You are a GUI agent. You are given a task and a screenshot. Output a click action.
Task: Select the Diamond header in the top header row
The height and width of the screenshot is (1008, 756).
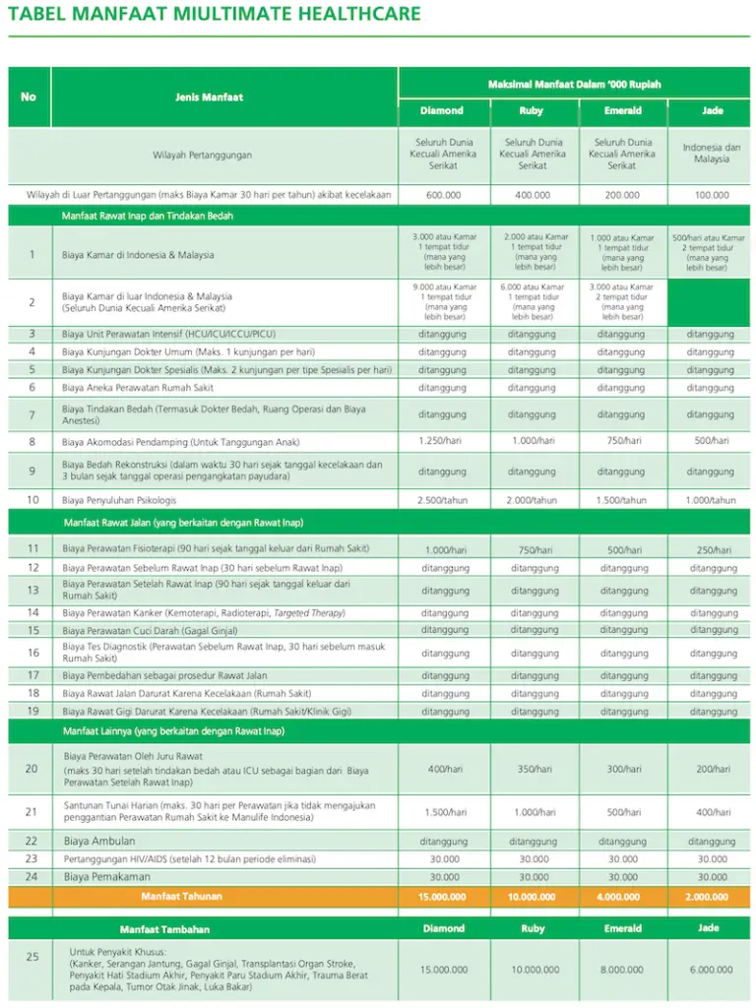[x=442, y=111]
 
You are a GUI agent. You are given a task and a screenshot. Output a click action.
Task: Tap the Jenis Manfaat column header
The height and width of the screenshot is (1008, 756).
[x=209, y=97]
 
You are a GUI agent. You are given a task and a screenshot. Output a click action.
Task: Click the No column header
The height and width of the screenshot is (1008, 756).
[x=29, y=97]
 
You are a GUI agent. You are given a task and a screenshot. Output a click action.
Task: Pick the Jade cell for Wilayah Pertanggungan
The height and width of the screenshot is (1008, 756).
[x=712, y=154]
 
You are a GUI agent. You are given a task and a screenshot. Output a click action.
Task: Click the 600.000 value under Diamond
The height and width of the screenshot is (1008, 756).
[x=442, y=195]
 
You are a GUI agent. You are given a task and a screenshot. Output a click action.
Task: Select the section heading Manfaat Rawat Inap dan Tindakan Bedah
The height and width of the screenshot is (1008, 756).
[x=148, y=215]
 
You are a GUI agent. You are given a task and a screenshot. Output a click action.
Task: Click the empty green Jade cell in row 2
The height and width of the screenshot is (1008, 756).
[x=712, y=303]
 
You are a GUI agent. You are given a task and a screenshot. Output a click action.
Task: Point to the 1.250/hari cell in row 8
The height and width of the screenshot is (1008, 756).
[x=442, y=441]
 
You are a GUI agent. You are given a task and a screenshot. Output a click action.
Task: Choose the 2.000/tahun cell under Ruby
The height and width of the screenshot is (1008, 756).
[x=533, y=500]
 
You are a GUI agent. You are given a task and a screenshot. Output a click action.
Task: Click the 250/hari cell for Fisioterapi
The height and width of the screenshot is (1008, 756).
[x=712, y=550]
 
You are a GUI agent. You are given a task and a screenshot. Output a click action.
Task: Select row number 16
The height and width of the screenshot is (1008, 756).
[x=32, y=653]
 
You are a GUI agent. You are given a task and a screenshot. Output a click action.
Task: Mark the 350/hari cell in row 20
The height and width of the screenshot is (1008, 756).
[x=533, y=769]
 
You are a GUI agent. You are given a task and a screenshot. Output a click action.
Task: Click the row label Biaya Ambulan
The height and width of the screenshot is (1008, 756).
[x=98, y=842]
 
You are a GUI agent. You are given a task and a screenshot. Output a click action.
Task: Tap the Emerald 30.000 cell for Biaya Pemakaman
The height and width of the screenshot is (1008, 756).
[x=622, y=877]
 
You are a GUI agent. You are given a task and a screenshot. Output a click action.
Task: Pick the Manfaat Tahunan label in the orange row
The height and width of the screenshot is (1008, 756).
[x=181, y=897]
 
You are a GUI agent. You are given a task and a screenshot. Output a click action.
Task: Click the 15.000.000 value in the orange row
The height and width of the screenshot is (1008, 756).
[x=442, y=897]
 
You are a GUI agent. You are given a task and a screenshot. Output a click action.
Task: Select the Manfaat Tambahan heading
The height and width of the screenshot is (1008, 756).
[x=164, y=929]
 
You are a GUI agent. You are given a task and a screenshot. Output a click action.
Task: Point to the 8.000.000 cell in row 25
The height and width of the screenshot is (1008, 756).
[x=622, y=970]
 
